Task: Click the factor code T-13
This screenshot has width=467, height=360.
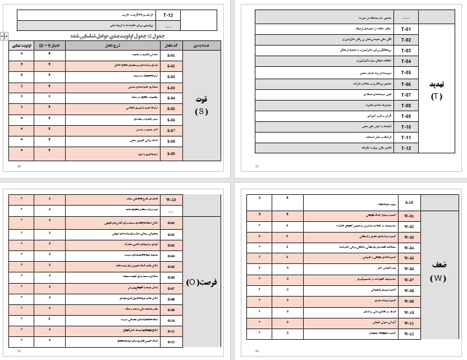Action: click(x=168, y=15)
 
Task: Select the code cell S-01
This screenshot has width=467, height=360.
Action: click(x=171, y=56)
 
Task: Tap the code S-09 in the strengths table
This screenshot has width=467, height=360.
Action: click(x=171, y=153)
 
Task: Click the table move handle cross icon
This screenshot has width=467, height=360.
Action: click(x=4, y=35)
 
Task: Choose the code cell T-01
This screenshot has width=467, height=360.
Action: click(x=406, y=29)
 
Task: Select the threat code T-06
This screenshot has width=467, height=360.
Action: click(x=406, y=83)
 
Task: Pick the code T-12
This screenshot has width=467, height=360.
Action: click(x=406, y=148)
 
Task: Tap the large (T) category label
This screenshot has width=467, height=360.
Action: click(x=436, y=96)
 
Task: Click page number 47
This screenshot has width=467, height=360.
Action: click(x=257, y=166)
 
